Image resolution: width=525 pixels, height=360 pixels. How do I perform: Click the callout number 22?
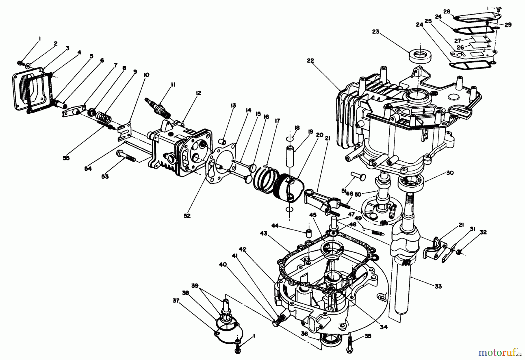310,60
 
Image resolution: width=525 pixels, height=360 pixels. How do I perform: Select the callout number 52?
187,216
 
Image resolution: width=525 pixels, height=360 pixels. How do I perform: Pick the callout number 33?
438,286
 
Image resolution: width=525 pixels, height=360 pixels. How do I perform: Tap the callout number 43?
264,233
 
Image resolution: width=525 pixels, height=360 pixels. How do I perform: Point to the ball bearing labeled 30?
412,183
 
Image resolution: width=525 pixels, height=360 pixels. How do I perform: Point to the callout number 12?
198,93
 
